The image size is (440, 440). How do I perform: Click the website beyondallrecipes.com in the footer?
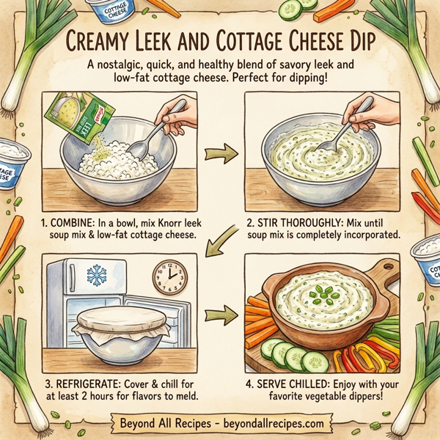270,423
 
